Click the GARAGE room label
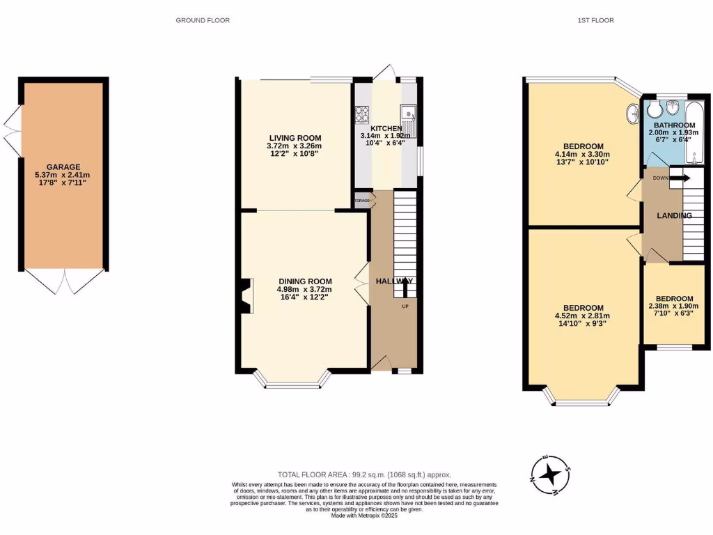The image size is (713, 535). (x=63, y=167)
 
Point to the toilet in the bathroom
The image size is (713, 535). (x=672, y=107)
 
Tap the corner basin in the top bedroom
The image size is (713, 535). (x=632, y=111)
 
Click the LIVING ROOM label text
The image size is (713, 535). (x=293, y=138)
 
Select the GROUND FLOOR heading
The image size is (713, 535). (x=203, y=20)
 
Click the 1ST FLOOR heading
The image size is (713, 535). (x=595, y=20)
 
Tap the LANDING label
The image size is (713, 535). (x=675, y=216)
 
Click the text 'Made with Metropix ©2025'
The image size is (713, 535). (x=364, y=515)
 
